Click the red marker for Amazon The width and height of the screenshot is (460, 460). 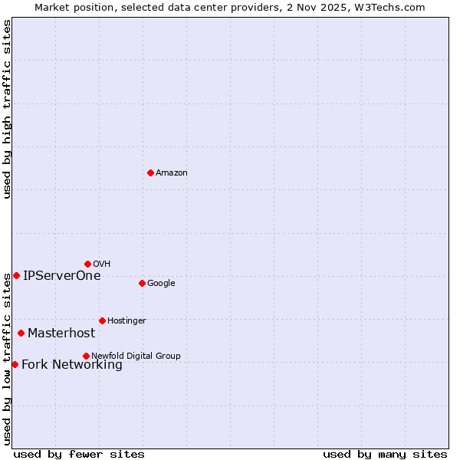150,172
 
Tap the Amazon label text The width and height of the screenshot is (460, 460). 172,173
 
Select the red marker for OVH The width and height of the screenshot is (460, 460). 87,264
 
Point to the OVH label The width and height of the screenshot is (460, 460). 102,264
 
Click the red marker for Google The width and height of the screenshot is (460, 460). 142,283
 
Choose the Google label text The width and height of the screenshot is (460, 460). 161,284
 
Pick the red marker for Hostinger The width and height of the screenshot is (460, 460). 102,320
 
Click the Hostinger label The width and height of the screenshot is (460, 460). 127,321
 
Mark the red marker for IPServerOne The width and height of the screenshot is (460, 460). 16,275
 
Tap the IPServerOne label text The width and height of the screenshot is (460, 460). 61,276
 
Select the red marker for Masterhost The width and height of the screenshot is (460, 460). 21,333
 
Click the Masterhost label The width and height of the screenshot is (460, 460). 61,333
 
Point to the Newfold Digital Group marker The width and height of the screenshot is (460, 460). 86,356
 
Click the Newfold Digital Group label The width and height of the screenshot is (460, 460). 136,356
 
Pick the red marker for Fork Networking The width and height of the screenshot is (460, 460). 15,364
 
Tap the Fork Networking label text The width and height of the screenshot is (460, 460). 72,365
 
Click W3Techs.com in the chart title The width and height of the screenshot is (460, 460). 393,7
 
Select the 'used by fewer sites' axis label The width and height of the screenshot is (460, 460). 79,454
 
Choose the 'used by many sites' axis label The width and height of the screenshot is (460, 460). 385,454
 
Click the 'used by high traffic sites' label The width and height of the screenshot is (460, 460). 7,109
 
